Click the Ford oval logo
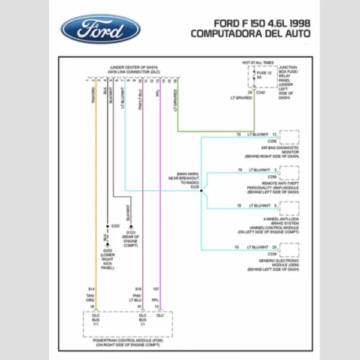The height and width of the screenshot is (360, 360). tap(100, 29)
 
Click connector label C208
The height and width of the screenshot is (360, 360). tap(272, 140)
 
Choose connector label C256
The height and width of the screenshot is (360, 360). tap(272, 177)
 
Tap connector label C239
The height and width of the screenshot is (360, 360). tap(272, 254)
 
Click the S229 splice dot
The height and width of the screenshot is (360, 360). tap(201, 192)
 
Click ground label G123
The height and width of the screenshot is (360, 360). tap(131, 232)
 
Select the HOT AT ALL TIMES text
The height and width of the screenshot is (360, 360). tap(258, 62)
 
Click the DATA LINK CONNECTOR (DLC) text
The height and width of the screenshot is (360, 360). tap(134, 71)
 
